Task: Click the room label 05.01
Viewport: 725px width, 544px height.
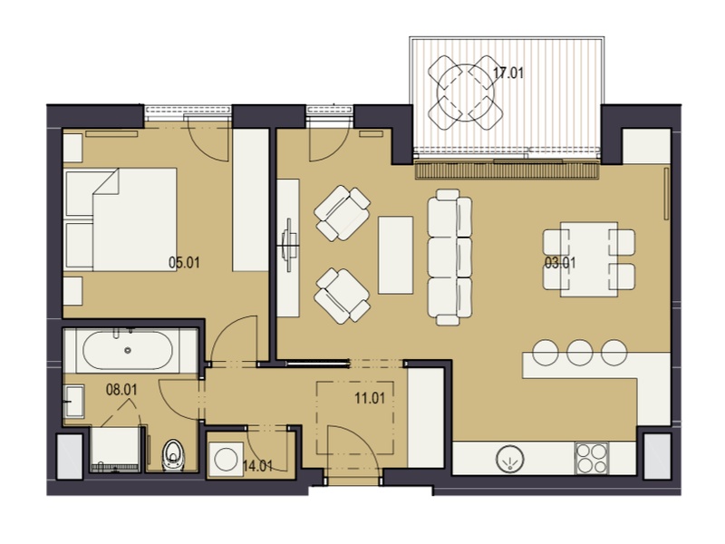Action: (x=184, y=263)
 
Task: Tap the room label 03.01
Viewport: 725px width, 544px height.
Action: (x=560, y=263)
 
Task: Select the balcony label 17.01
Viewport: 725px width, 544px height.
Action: (x=508, y=73)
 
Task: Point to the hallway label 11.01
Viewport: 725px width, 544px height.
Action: (x=370, y=398)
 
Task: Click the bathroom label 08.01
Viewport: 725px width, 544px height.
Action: (x=121, y=390)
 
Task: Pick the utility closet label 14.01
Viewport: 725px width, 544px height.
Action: (x=257, y=466)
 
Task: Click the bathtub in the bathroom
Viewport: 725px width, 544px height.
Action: (x=128, y=350)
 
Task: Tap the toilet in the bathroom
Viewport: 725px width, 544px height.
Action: (x=173, y=454)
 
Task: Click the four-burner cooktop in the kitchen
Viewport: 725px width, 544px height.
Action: (x=592, y=459)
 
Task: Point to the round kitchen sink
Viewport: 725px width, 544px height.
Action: (x=510, y=460)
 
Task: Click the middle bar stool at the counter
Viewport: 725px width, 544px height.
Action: (x=580, y=353)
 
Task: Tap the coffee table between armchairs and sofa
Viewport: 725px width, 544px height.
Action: (x=395, y=256)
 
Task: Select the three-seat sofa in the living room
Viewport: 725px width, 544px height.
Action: (x=449, y=257)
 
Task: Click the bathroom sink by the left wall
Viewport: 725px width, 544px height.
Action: (x=73, y=402)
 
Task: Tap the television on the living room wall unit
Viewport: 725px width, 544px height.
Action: (x=289, y=244)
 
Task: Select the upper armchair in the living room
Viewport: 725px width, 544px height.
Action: (x=343, y=213)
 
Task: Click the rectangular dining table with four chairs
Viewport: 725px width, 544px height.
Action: (x=588, y=259)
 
